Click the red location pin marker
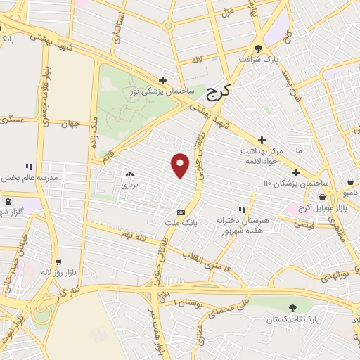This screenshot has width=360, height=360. pyautogui.click(x=181, y=165)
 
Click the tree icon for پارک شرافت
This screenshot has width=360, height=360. pyautogui.click(x=259, y=49)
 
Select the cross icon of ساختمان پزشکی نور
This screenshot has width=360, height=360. pyautogui.click(x=163, y=80)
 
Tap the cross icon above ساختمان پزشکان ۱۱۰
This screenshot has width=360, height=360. pyautogui.click(x=296, y=172)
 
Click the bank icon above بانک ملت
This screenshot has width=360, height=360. pyautogui.click(x=181, y=212)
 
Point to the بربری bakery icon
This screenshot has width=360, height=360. pyautogui.click(x=129, y=174)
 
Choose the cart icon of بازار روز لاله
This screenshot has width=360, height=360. pyautogui.click(x=60, y=259)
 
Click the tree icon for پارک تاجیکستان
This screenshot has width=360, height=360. pyautogui.click(x=292, y=308)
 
